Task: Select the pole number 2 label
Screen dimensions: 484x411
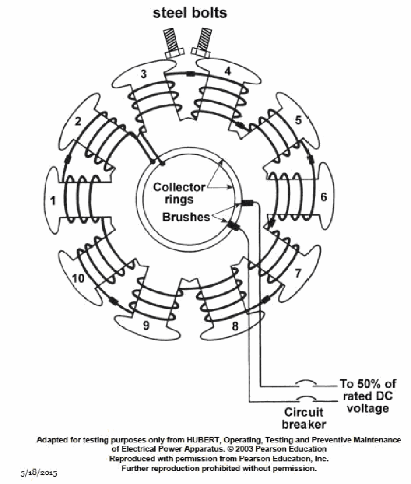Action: click(x=78, y=122)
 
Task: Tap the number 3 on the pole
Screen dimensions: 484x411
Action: click(x=144, y=74)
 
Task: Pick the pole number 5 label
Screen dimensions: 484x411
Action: click(x=298, y=121)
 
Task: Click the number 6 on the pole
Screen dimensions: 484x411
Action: click(x=323, y=197)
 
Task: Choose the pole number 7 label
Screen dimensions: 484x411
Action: click(x=297, y=273)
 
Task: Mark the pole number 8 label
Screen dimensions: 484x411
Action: click(x=235, y=326)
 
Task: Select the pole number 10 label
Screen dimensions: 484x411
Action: click(x=78, y=278)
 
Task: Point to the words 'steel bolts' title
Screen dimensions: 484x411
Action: click(x=190, y=12)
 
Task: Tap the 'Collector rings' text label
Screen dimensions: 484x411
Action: click(x=179, y=193)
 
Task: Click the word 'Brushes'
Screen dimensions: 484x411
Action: click(x=186, y=217)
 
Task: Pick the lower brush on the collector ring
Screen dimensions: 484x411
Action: click(x=234, y=225)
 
